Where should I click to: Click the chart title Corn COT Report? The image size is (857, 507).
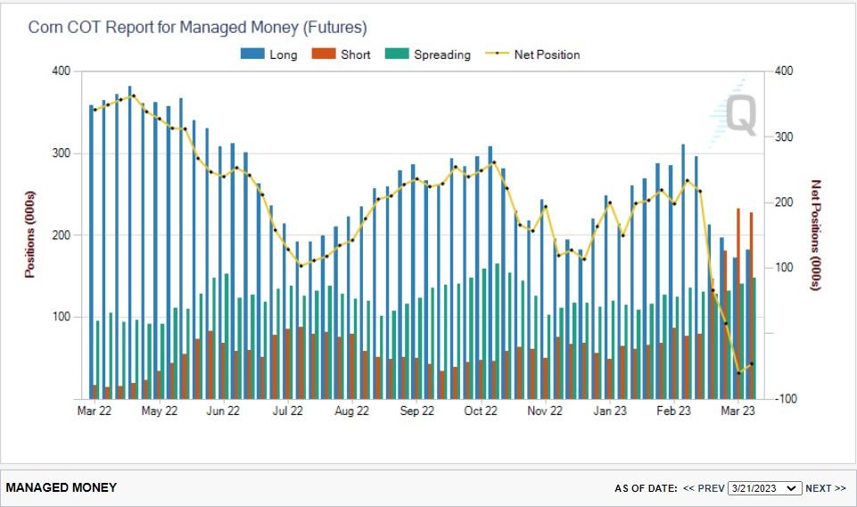point(197,28)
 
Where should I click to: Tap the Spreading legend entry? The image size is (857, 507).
point(428,54)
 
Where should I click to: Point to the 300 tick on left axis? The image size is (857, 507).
point(60,153)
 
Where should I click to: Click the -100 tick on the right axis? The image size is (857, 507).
point(787,399)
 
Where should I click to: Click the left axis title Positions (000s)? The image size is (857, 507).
point(29,234)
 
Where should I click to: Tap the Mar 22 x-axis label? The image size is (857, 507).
point(95,411)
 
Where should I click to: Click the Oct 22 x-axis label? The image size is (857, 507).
point(481,411)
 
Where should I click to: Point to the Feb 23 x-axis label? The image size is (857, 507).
point(673,411)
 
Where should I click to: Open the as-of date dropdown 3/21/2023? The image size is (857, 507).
point(764,488)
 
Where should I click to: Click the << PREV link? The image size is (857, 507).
point(704,488)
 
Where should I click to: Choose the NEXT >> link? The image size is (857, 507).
point(825,488)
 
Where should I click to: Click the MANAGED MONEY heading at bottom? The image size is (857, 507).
point(62,487)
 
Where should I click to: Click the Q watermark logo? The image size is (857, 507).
point(739,115)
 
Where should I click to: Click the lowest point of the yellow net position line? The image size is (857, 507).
point(738,372)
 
